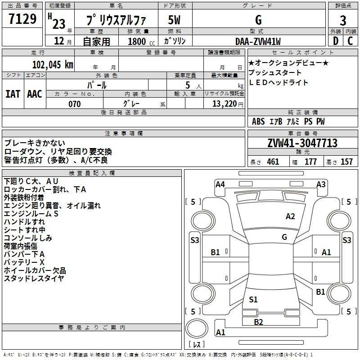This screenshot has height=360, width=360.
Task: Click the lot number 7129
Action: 22,19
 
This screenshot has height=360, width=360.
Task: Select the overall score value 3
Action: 343,20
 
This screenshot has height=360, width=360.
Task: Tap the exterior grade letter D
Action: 336,41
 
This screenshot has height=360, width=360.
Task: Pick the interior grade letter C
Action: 350,41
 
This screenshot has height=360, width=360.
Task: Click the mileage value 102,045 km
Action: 53,65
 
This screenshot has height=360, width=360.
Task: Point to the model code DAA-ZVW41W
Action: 258,41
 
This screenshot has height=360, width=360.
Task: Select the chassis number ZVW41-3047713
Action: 302,143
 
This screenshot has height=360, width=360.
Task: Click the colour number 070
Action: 75,104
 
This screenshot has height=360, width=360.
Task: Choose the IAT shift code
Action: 13,94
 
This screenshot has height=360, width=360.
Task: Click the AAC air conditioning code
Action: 35,94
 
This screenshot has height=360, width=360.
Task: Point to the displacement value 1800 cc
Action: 141,41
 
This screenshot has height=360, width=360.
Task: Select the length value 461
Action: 273,162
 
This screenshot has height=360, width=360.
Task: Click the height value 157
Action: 346,162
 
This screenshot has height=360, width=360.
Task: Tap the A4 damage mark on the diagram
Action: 220,184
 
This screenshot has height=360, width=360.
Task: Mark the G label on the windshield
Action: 284,237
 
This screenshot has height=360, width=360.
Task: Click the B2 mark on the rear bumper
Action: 258,322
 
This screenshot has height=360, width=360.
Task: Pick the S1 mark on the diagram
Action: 253,299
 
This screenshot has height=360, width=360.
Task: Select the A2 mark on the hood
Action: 290,216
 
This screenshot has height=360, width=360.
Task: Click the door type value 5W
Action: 174,20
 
